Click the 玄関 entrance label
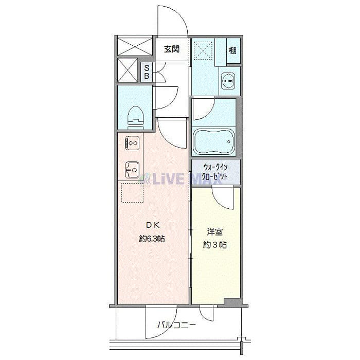[172, 49]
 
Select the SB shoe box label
[147, 72]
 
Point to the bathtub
[213, 141]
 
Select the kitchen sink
[131, 169]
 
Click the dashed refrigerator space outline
[131, 193]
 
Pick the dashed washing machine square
[204, 51]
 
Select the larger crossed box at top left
[135, 45]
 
